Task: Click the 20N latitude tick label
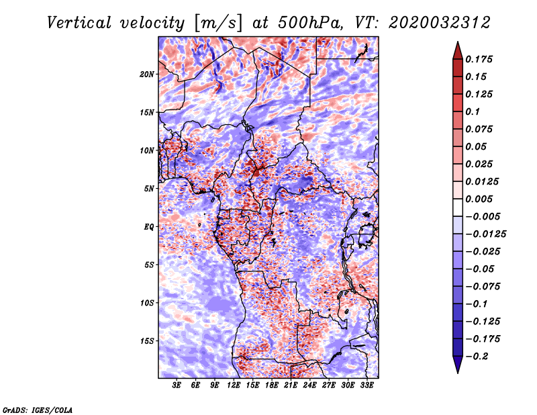tap(147, 74)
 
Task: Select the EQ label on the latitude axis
tap(149, 226)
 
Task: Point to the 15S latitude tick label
tap(147, 340)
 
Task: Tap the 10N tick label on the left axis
tap(147, 150)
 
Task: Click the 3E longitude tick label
tap(177, 386)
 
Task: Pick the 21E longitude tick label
tap(291, 386)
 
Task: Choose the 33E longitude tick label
tap(367, 386)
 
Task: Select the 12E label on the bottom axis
tap(234, 386)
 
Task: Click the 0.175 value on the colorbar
tap(480, 59)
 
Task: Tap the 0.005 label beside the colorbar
tap(480, 199)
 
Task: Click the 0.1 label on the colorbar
tap(473, 111)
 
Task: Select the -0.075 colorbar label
tap(483, 286)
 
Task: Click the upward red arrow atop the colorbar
tap(457, 49)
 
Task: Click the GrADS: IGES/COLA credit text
tap(37, 408)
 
